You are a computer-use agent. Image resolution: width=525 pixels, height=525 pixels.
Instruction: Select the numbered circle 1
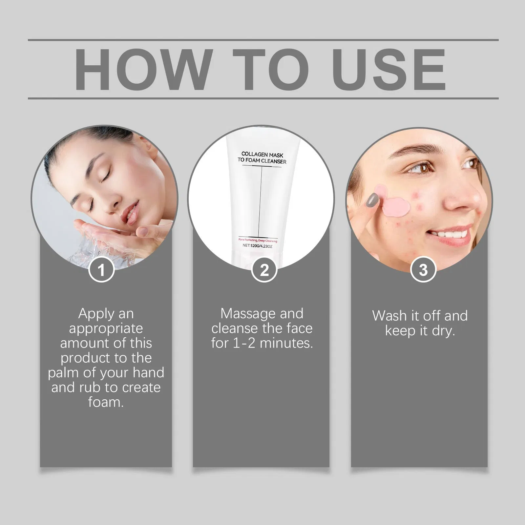coord(101,270)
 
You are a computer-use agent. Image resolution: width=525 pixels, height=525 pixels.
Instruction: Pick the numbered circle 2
coord(264,270)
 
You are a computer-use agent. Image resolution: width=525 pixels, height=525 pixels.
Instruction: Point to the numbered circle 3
coord(423,270)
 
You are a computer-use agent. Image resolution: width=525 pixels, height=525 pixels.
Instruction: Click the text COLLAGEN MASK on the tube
coord(262,155)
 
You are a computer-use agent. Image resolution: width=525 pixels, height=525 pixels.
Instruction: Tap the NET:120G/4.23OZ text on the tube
coord(258,245)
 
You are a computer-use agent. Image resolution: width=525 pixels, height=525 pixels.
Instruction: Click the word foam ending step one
coord(106,402)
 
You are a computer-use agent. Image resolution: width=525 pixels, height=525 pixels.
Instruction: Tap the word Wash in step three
coord(389,316)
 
